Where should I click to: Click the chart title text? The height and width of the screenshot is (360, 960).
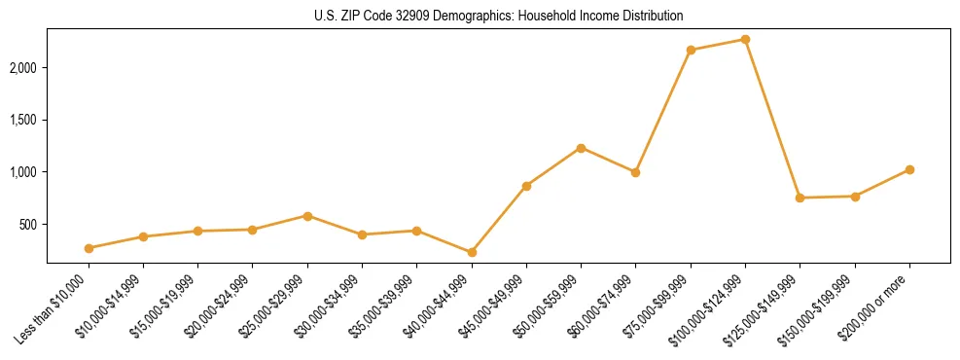point(498,16)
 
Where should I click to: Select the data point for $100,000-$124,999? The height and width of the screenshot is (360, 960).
point(745,39)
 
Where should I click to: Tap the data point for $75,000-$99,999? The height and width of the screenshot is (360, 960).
point(691,50)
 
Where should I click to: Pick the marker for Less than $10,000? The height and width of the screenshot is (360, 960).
point(89,248)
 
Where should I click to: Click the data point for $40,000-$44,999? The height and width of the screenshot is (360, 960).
point(472,252)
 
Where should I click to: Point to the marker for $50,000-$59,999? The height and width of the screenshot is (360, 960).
point(581,148)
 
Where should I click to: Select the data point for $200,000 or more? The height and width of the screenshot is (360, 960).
point(909,169)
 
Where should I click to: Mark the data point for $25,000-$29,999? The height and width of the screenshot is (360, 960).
point(307,216)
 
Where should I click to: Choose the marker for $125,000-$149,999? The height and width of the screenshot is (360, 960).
point(800,198)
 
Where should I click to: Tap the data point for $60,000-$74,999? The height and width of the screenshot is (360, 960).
point(635,172)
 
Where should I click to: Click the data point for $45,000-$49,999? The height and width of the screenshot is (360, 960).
point(526,186)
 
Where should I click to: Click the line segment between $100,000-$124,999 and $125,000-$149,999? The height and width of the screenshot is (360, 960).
point(772,119)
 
